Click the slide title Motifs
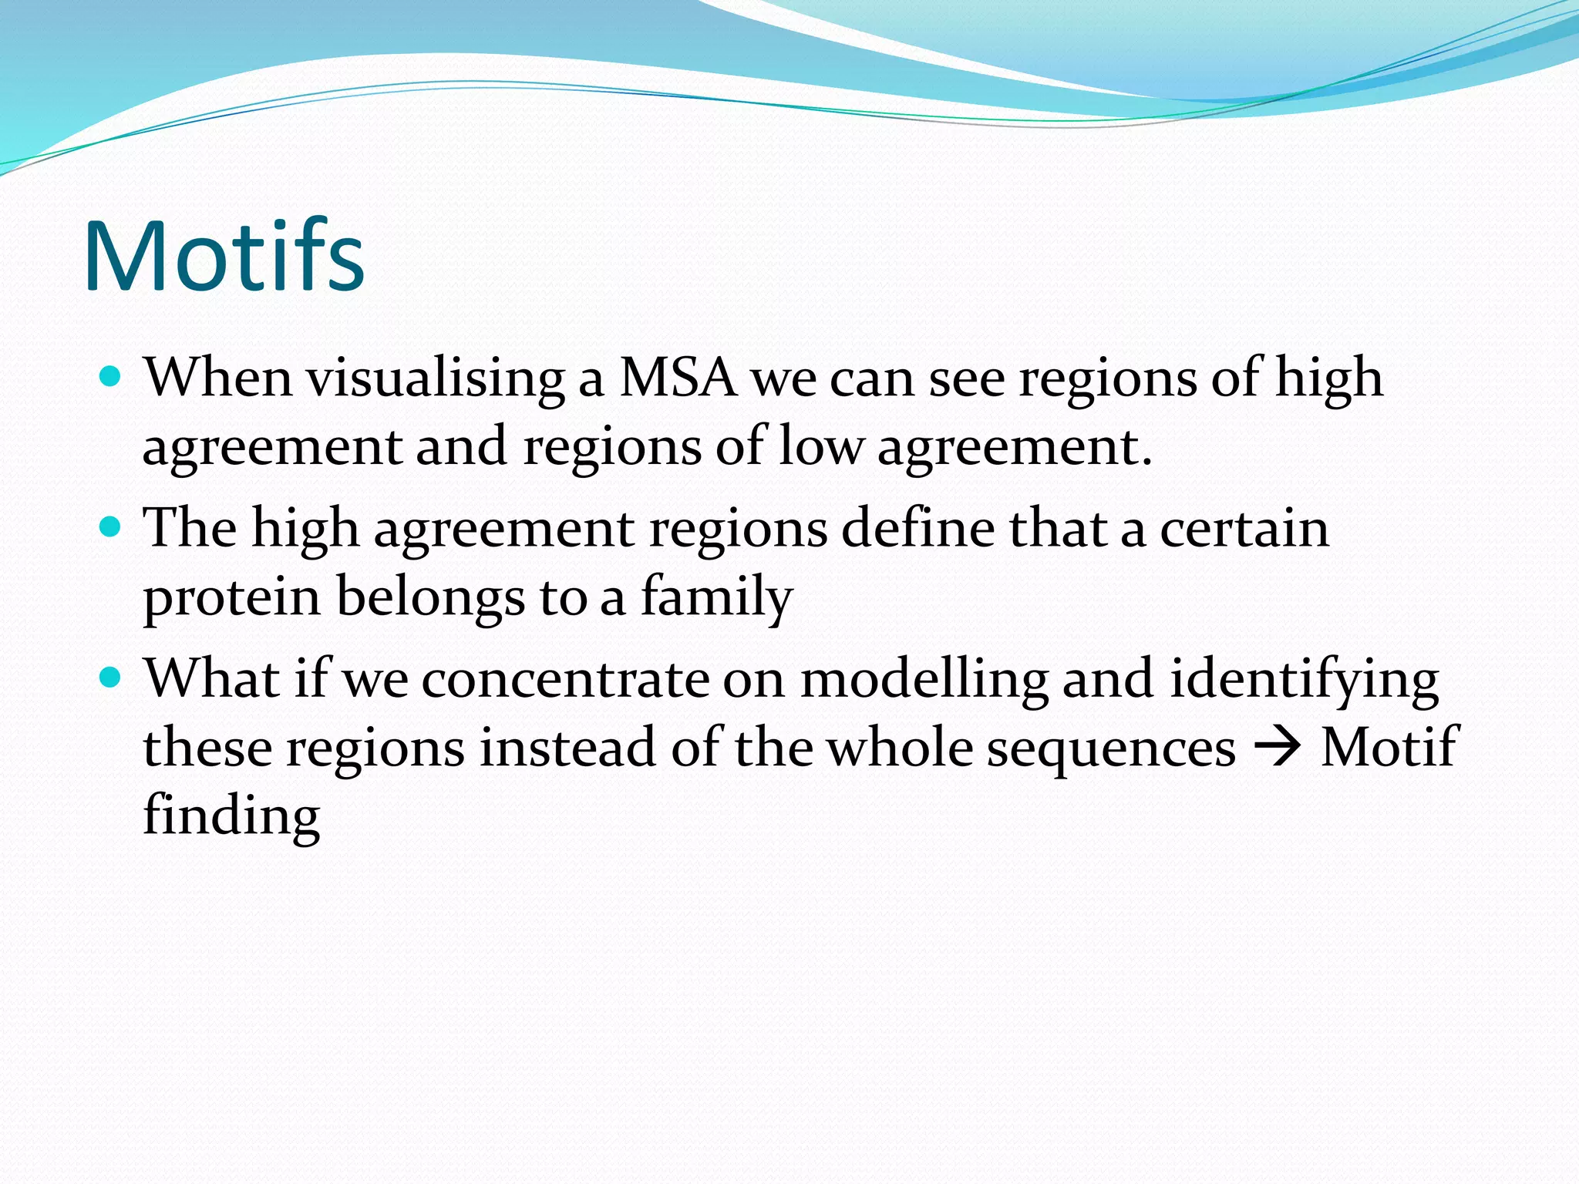(224, 257)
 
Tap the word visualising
(436, 378)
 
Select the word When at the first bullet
(218, 378)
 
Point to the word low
(820, 447)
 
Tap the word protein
(231, 598)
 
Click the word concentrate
(564, 680)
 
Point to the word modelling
(924, 680)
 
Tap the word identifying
(1304, 680)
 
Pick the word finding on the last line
(231, 816)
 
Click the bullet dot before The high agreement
(112, 527)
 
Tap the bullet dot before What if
(112, 678)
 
